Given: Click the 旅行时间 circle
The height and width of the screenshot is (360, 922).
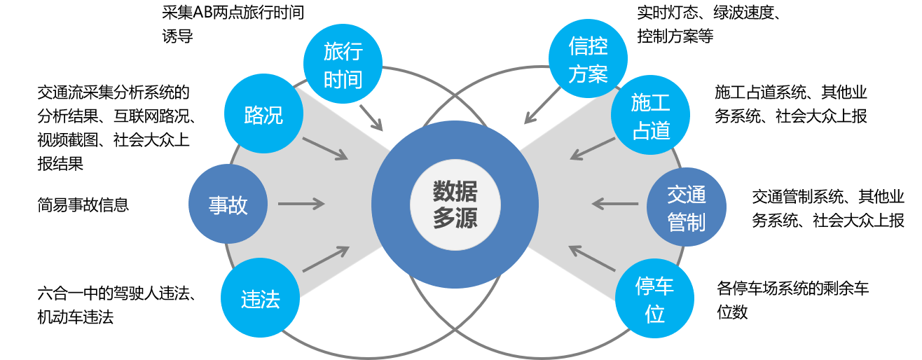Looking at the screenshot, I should tap(343, 64).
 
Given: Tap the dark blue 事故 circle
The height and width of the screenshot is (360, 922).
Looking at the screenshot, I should tap(228, 205).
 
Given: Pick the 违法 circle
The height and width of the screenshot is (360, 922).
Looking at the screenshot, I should tap(261, 299).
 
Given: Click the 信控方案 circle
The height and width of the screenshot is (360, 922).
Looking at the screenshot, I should tap(588, 60).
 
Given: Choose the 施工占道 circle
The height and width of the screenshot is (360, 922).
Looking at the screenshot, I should tap(650, 116).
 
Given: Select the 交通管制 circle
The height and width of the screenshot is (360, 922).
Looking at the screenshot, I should tap(686, 208).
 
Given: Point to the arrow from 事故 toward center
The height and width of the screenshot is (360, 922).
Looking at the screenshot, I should tap(301, 205).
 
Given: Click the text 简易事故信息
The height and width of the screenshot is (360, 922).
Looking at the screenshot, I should tap(83, 205).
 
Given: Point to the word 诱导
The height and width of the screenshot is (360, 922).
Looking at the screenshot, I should tap(177, 36).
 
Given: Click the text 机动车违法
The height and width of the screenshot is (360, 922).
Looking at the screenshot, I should tap(75, 317).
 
